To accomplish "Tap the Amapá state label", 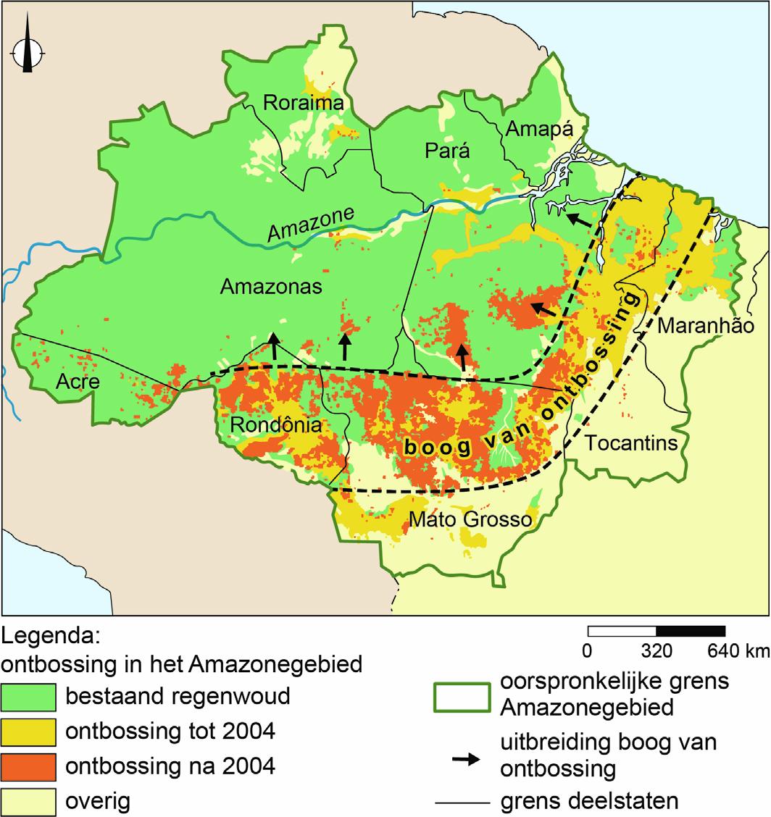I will [x=539, y=129].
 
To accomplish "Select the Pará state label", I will [x=446, y=151].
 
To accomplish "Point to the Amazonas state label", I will [x=270, y=287].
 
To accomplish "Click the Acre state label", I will [x=78, y=381].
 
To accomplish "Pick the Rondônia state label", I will [x=275, y=425].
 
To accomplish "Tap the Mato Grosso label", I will [x=470, y=519].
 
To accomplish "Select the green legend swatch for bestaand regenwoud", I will [x=28, y=697].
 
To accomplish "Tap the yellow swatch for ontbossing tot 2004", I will [x=28, y=732].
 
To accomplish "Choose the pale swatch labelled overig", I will [x=28, y=800].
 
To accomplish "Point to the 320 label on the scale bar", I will [x=657, y=651].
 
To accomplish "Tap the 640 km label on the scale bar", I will [x=738, y=651].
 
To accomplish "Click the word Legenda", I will [x=50, y=637].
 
